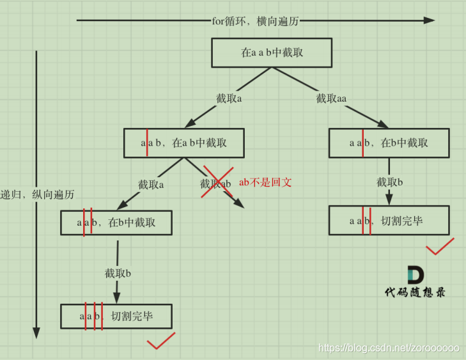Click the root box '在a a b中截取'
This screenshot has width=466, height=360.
(x=272, y=52)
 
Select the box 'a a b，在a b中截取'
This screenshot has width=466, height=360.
(x=184, y=143)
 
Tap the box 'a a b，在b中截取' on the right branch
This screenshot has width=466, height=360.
(x=389, y=143)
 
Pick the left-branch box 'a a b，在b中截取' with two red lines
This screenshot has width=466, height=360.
(x=116, y=223)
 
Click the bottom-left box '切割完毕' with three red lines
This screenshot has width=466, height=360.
(x=116, y=316)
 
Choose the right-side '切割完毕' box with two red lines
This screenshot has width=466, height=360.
(x=389, y=221)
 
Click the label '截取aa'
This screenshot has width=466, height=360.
(x=331, y=98)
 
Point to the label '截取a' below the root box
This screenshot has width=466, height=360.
(x=229, y=98)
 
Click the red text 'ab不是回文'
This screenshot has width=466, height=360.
(x=265, y=182)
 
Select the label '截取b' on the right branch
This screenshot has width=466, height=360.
(x=390, y=182)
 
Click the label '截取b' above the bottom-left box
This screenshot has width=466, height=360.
(x=118, y=273)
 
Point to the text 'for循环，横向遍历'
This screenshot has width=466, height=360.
(x=256, y=20)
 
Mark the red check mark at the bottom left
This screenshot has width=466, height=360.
(x=160, y=341)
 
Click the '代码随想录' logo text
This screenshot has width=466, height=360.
(x=415, y=292)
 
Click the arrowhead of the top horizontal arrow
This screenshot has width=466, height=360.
(x=430, y=20)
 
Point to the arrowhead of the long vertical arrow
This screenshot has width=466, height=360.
(x=36, y=333)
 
